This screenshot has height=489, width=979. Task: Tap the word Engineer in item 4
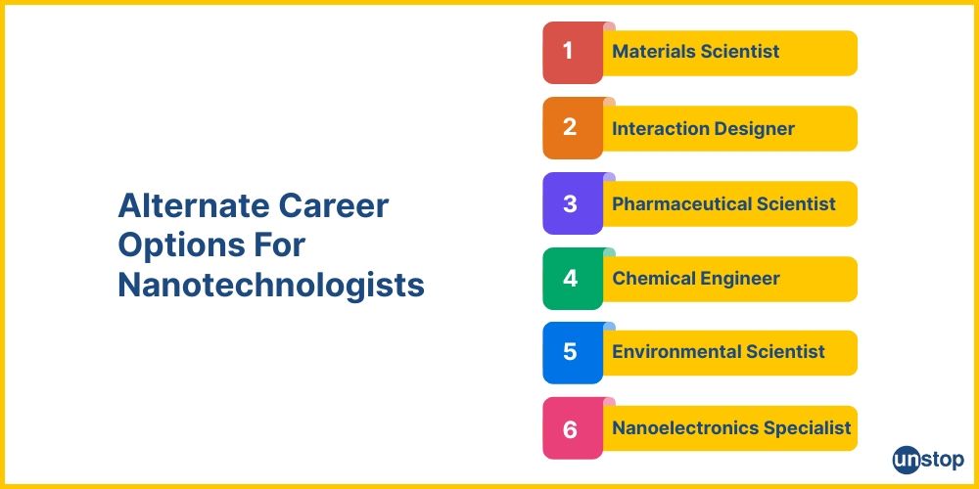point(739,279)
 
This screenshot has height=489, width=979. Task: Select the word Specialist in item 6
point(813,427)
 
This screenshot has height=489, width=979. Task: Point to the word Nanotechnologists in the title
point(271,286)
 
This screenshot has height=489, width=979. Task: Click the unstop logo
point(928,459)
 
